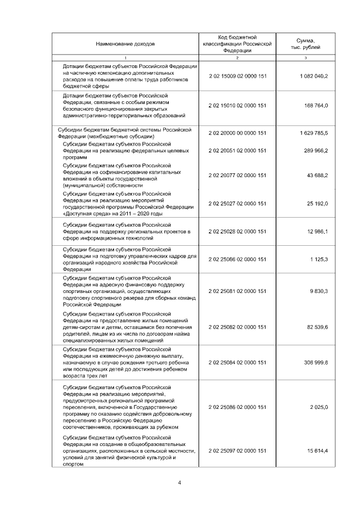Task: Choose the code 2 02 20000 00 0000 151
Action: [237, 133]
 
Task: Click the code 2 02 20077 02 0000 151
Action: [237, 175]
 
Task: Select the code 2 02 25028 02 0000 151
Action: [237, 231]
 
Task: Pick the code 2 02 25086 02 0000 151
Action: [237, 407]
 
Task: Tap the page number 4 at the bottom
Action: [179, 482]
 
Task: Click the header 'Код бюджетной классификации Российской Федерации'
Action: [237, 43]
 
